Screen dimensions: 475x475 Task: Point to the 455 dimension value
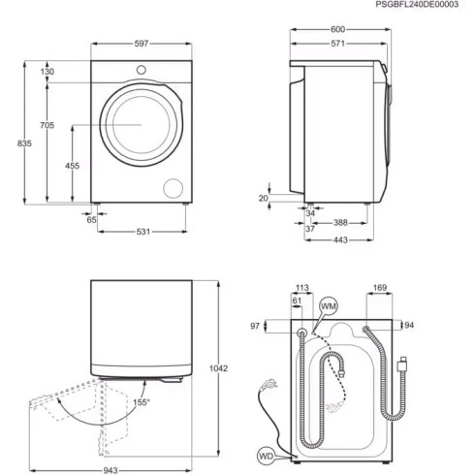[x=73, y=167]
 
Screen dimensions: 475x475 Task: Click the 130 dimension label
[x=47, y=72]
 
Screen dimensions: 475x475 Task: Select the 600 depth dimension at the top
[x=337, y=29]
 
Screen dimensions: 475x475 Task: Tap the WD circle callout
[x=267, y=455]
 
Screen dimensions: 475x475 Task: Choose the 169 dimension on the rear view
[x=380, y=287]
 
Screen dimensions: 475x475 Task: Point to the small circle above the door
[x=142, y=69]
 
